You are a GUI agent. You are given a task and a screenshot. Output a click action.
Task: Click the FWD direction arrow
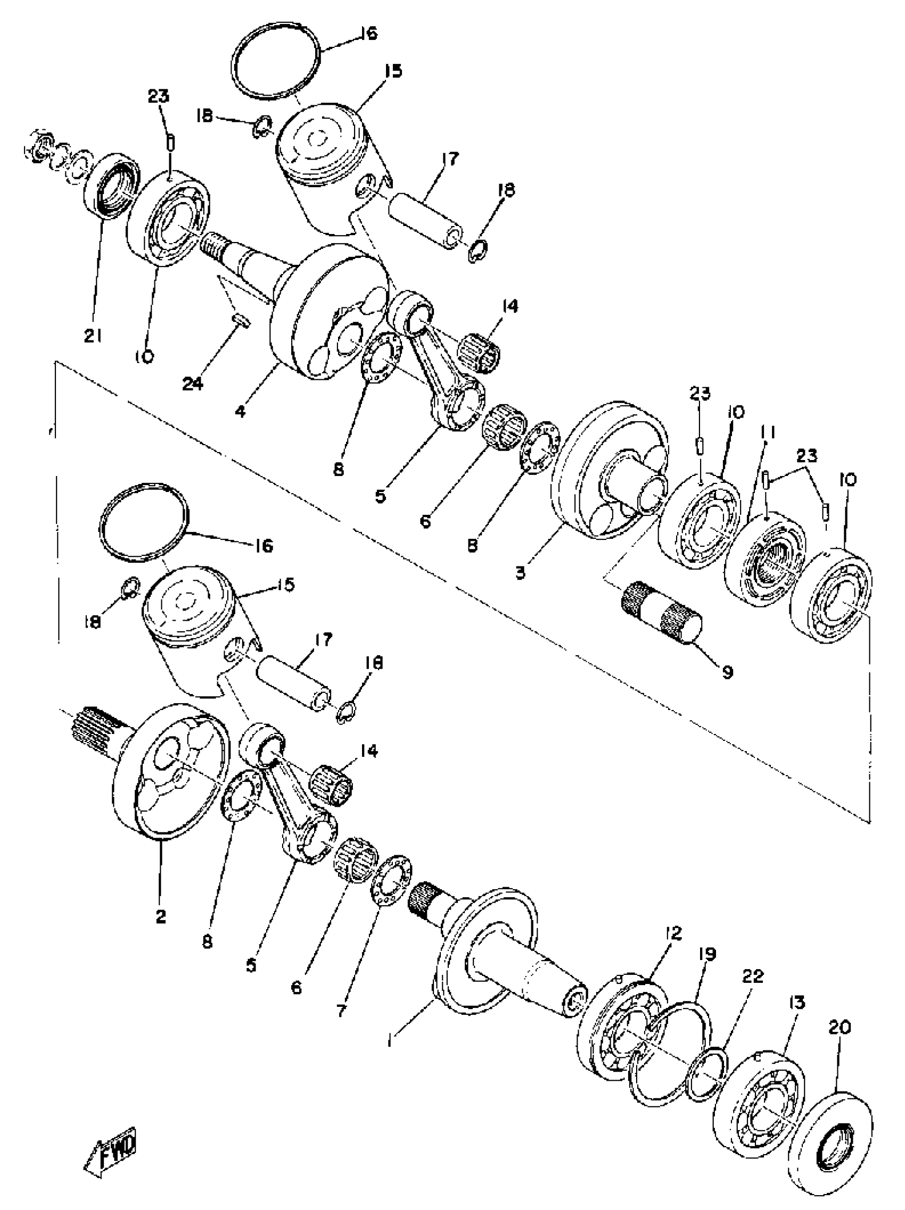(x=111, y=1166)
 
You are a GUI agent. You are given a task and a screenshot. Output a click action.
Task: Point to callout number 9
(x=727, y=671)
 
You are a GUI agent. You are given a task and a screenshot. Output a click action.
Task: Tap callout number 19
(x=707, y=954)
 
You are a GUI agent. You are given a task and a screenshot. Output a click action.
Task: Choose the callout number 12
(x=673, y=933)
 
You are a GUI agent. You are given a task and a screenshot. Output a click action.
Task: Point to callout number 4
(x=240, y=410)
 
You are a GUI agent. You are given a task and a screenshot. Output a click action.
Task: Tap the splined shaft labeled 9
(x=661, y=616)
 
